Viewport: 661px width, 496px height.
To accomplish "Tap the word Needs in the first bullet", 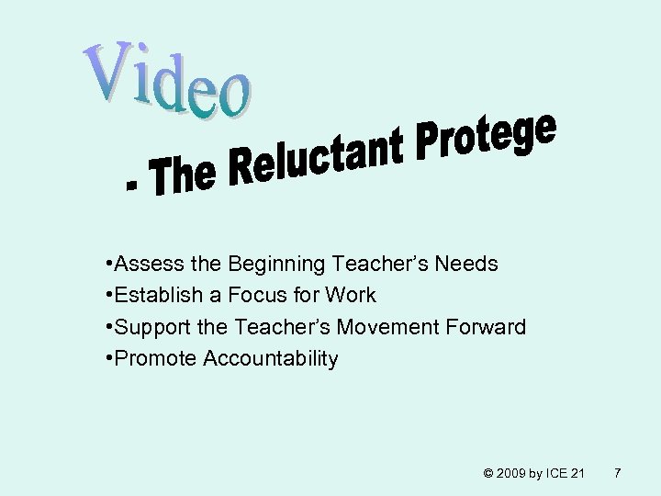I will [465, 265].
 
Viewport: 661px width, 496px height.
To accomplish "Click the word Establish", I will [152, 296].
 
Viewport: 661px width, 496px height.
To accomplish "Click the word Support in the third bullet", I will [150, 327].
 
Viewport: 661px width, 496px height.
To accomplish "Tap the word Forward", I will [493, 327].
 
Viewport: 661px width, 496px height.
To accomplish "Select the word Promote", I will [150, 358].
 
